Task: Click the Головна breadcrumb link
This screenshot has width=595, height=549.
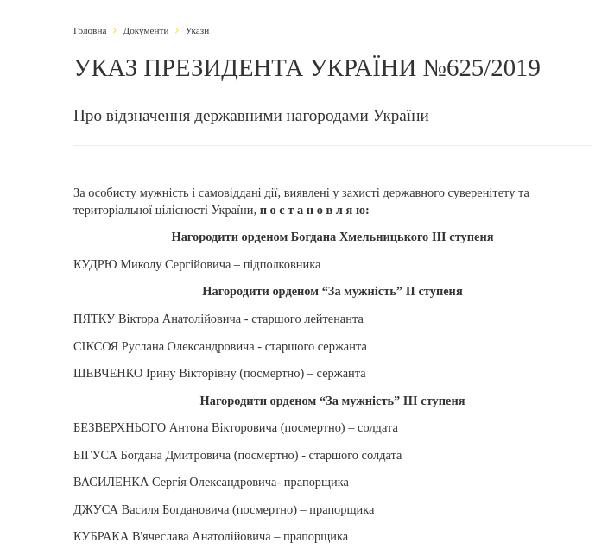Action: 90,30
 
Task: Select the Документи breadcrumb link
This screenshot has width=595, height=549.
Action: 146,30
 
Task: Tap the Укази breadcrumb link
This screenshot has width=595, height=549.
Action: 197,30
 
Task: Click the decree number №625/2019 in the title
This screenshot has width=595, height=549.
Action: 481,68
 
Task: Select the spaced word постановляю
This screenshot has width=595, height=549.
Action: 314,210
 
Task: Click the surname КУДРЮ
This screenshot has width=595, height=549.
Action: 95,264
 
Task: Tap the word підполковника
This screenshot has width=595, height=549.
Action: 282,264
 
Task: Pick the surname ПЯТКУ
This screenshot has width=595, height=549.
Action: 94,319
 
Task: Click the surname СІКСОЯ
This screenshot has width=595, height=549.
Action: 96,346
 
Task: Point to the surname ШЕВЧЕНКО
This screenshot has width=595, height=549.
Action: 108,373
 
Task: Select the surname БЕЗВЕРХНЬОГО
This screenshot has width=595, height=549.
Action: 119,427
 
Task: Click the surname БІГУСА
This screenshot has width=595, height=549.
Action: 96,455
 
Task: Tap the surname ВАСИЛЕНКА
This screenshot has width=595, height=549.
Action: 111,482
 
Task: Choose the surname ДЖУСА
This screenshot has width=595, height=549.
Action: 95,509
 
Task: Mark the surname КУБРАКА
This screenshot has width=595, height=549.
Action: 101,536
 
